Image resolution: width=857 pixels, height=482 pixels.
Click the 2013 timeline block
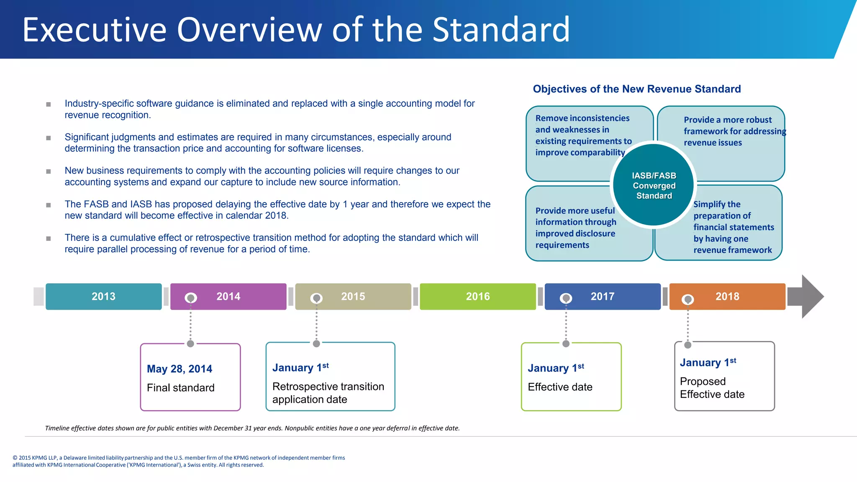pos(103,296)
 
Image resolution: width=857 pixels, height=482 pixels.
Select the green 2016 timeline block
pos(477,296)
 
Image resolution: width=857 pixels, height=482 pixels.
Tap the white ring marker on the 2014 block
pos(191,298)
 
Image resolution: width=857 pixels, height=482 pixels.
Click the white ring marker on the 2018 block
pos(688,299)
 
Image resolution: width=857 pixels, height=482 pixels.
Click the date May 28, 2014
pos(180,369)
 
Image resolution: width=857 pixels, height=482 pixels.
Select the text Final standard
pos(180,388)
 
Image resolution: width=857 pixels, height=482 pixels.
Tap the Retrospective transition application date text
pos(328,392)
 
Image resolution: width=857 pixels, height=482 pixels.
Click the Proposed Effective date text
pos(712,388)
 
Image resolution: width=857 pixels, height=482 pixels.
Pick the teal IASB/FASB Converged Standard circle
pos(654,185)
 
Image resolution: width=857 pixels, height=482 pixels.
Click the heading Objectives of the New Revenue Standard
pos(636,89)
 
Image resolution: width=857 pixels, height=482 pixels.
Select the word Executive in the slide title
pos(95,30)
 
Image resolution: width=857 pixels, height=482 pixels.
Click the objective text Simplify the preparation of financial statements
pos(733,227)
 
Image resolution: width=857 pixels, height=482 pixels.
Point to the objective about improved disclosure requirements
pos(576,228)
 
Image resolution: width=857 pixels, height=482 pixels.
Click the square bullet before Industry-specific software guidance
pos(49,104)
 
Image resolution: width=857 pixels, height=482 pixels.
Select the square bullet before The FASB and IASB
pos(49,205)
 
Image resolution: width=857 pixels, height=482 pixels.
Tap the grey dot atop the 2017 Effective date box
pos(566,344)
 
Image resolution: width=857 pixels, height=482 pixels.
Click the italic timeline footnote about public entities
pos(252,428)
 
